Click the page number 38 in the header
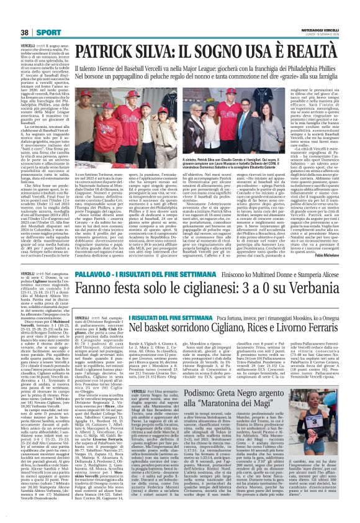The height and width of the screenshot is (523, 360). [25, 32]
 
